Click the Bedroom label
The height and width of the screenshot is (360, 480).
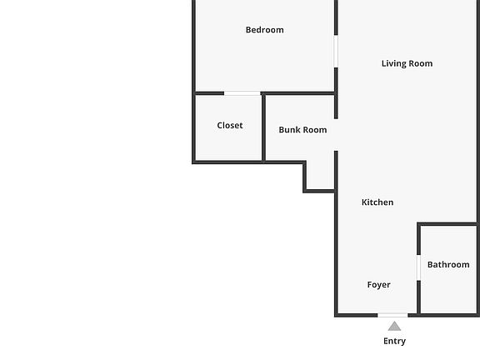264,30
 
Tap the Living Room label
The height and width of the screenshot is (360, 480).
407,63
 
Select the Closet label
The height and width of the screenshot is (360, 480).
230,125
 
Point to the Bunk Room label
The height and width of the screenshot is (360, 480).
302,130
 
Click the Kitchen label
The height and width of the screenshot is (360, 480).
377,202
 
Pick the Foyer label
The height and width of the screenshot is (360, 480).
378,285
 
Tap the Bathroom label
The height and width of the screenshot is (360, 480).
448,264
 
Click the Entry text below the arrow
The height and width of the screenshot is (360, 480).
395,341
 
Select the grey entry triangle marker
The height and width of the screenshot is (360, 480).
394,327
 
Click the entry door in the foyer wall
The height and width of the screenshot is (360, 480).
392,315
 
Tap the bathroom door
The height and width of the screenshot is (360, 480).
418,267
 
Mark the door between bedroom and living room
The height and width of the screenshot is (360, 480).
336,51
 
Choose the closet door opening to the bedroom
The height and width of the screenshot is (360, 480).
242,93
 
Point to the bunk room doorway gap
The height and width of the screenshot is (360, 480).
336,135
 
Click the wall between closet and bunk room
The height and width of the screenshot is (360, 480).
263,127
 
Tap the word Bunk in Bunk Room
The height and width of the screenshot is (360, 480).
289,130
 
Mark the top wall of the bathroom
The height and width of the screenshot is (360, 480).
448,224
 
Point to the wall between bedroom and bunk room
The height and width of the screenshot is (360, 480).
298,93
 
